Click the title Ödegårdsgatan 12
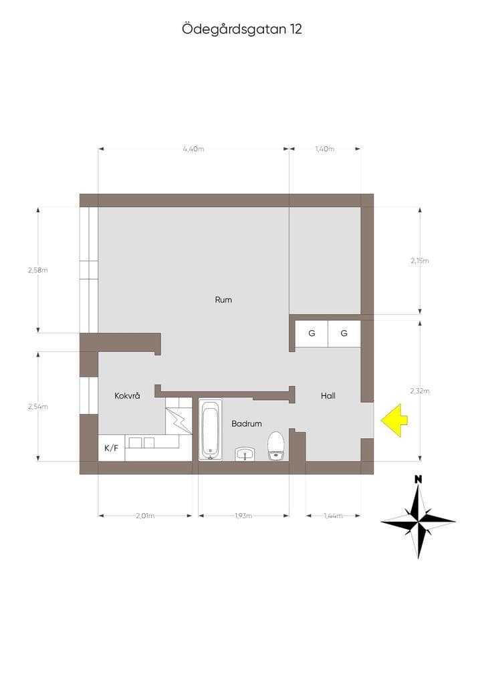(242, 29)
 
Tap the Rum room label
(223, 300)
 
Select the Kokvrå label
(127, 395)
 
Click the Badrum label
(247, 423)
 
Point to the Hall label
(328, 395)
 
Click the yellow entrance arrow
(394, 420)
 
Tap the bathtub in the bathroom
(211, 429)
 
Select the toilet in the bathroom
(276, 446)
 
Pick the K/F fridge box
(111, 448)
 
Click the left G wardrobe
(312, 334)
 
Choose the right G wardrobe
(344, 334)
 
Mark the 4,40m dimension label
(193, 149)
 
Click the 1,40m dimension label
(325, 149)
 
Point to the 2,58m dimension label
(38, 270)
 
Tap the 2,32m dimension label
(419, 391)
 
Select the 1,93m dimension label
(243, 516)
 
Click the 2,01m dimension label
(145, 516)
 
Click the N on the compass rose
(418, 480)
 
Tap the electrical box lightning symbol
(179, 421)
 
